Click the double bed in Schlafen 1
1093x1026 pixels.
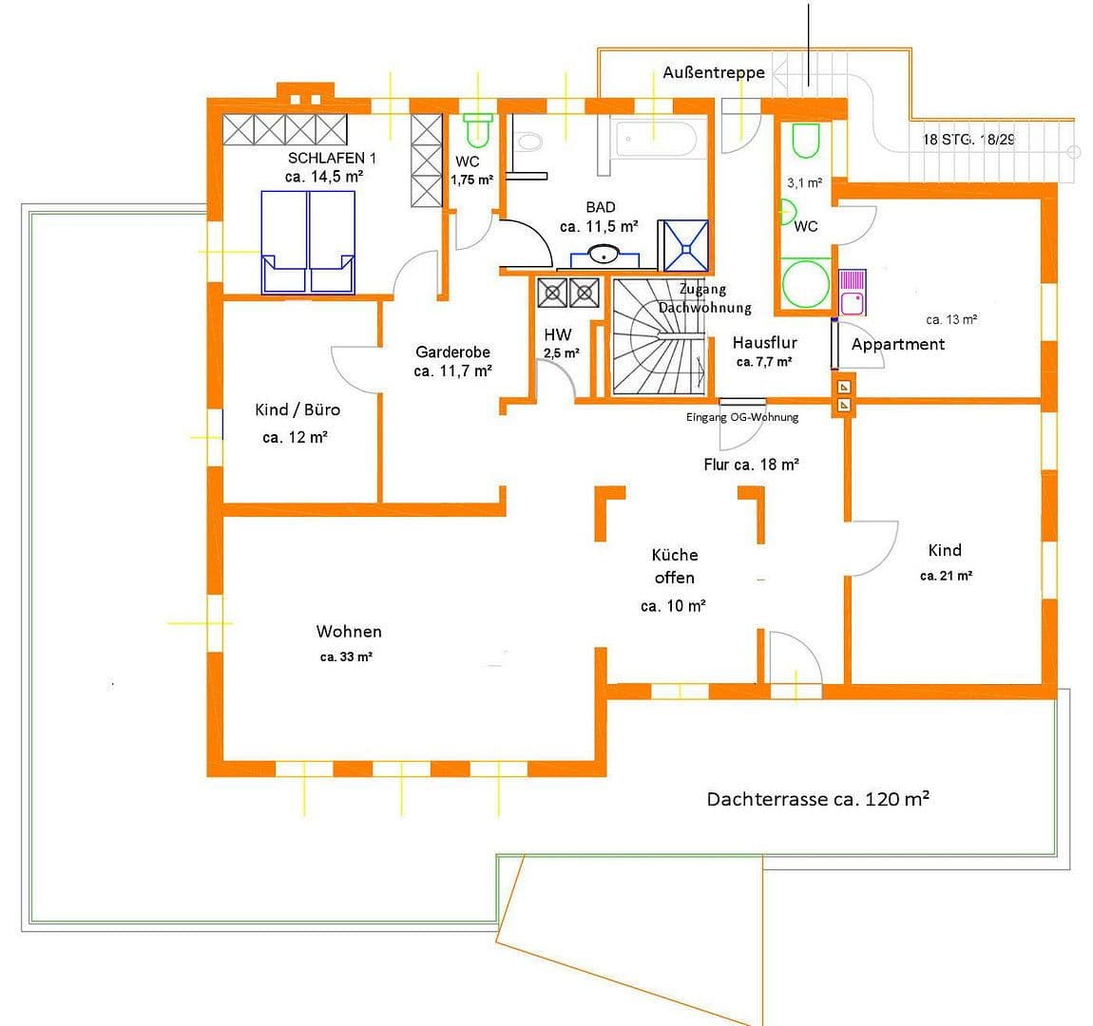pyautogui.click(x=308, y=242)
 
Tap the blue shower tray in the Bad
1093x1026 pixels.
pyautogui.click(x=686, y=245)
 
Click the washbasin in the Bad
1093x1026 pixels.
pyautogui.click(x=602, y=255)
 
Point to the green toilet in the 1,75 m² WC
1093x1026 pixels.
pyautogui.click(x=477, y=130)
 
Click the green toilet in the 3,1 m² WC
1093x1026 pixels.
pyautogui.click(x=806, y=141)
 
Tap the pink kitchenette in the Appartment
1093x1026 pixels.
pyautogui.click(x=853, y=292)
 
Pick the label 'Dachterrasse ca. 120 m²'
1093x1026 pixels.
pyautogui.click(x=817, y=799)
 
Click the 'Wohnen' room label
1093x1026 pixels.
pyautogui.click(x=349, y=631)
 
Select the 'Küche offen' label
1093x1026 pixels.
pyautogui.click(x=674, y=566)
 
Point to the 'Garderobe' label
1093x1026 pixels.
pyautogui.click(x=452, y=351)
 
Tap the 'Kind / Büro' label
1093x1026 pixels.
pyautogui.click(x=297, y=409)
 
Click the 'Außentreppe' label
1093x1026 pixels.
pyautogui.click(x=713, y=73)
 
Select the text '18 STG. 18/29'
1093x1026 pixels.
pyautogui.click(x=968, y=139)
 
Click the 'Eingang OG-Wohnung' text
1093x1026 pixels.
pyautogui.click(x=742, y=417)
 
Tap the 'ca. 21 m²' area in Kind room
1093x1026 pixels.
pyautogui.click(x=946, y=576)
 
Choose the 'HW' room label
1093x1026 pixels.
pyautogui.click(x=557, y=334)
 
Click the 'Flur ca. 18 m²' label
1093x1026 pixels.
pyautogui.click(x=751, y=465)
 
